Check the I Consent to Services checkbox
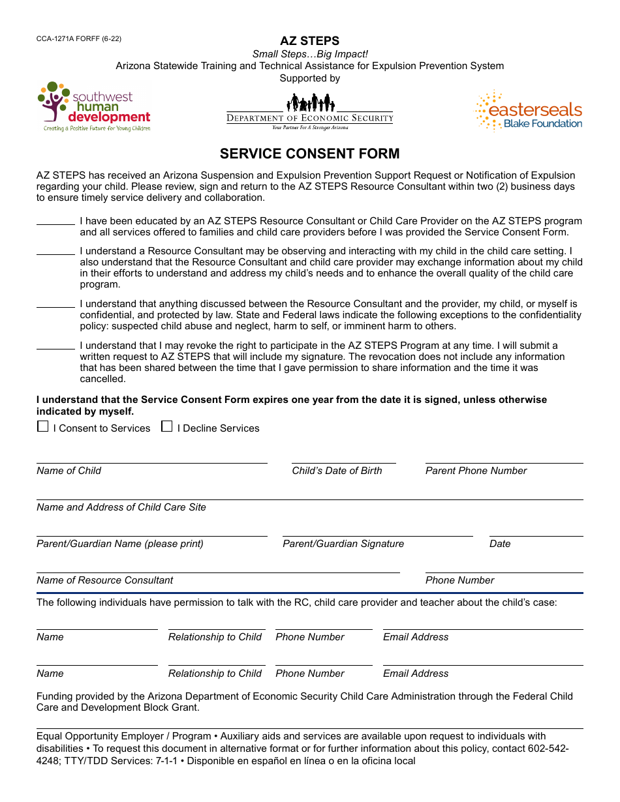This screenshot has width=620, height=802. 42,426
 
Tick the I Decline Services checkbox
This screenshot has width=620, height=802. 167,426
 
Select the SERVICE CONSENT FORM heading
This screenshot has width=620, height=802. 309,154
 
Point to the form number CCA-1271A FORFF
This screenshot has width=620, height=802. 78,38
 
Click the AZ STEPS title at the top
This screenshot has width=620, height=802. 309,41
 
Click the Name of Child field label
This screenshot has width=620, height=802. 69,471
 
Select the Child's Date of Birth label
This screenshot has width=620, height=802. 337,471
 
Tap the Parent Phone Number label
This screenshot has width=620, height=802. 476,471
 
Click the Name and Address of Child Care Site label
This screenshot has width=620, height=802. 121,507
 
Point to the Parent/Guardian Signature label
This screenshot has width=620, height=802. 343,544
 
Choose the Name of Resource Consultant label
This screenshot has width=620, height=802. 105,580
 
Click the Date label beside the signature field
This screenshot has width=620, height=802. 500,544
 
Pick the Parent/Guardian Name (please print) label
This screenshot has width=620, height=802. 120,544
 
